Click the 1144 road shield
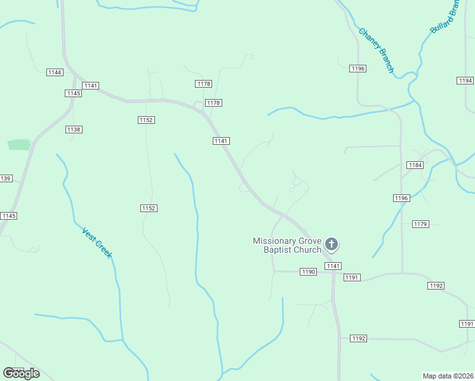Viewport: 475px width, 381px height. pos(55,72)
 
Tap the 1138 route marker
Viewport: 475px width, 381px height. pos(74,130)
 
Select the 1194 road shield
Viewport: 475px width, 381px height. pos(465,81)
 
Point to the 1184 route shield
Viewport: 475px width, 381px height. pos(415,165)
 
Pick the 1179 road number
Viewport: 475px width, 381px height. pos(420,224)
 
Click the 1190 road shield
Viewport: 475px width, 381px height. pos(308,272)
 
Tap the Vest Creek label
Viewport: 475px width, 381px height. pos(97,242)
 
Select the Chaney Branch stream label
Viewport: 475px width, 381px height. pos(376,50)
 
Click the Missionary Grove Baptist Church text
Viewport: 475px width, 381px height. pos(287,245)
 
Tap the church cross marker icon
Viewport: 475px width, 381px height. pos(331,244)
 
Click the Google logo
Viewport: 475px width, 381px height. pos(21,373)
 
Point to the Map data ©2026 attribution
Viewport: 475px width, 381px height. pos(448,376)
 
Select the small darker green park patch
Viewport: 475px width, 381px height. pos(19,145)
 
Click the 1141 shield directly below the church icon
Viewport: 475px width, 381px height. pos(333,266)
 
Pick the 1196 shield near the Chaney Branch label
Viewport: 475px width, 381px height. pos(358,69)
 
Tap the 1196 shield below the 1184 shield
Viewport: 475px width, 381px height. pos(401,198)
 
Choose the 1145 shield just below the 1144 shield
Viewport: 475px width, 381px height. pos(73,93)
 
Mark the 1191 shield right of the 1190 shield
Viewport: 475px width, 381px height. pos(352,277)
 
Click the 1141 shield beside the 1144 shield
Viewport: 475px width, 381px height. pos(90,86)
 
